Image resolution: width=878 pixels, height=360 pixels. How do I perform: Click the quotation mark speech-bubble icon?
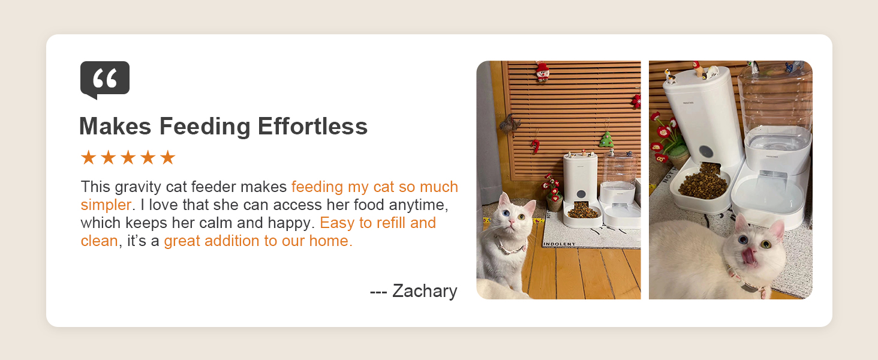(105, 79)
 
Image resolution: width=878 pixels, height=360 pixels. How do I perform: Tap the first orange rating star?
(88, 158)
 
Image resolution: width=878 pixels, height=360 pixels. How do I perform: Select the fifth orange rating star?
(168, 158)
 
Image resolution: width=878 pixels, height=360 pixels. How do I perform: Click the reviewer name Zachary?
(425, 291)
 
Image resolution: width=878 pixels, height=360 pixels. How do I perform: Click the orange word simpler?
(106, 205)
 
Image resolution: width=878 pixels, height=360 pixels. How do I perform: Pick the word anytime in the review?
(417, 205)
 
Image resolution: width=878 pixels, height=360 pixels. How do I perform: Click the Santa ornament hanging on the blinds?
(542, 72)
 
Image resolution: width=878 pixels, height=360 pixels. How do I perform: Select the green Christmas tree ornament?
(607, 139)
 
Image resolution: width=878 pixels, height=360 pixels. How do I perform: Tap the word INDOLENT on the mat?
(559, 244)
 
